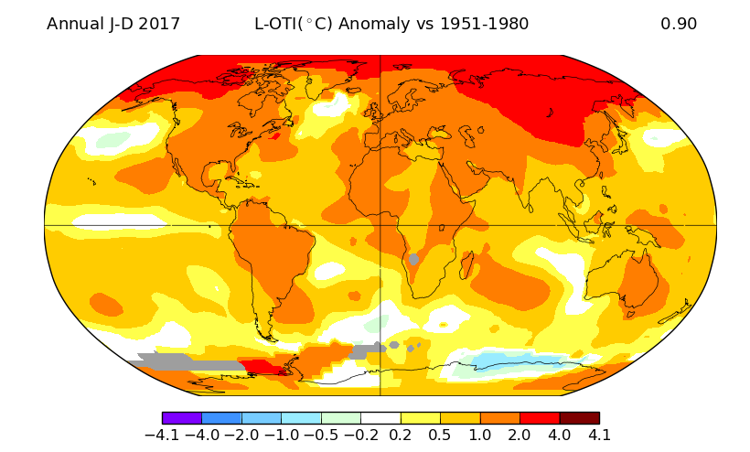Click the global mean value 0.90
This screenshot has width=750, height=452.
pyautogui.click(x=679, y=24)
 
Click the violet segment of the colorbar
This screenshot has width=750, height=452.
pyautogui.click(x=181, y=417)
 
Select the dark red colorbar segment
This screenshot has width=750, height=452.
pyautogui.click(x=579, y=417)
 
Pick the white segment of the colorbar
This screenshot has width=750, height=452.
pyautogui.click(x=380, y=417)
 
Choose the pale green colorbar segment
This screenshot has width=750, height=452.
pyautogui.click(x=340, y=417)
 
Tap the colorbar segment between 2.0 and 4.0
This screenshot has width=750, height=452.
pyautogui.click(x=540, y=417)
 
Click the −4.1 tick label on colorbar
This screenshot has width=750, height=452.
pyautogui.click(x=162, y=436)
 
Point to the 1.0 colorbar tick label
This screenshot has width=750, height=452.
pyautogui.click(x=480, y=436)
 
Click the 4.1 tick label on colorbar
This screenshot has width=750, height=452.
pyautogui.click(x=599, y=436)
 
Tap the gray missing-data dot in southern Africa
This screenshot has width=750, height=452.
pyautogui.click(x=413, y=260)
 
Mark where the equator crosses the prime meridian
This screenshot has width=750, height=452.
pyautogui.click(x=380, y=225)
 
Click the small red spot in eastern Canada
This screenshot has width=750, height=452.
pyautogui.click(x=275, y=136)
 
